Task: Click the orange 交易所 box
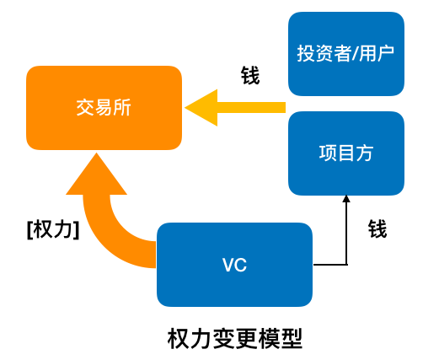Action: point(104,108)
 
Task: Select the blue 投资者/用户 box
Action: point(346,54)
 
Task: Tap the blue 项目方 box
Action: point(346,153)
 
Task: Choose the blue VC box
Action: point(234,265)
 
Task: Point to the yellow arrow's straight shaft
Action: point(251,108)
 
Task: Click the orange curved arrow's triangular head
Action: point(96,177)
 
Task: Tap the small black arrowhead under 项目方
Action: point(346,199)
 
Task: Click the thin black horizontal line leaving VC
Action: point(330,265)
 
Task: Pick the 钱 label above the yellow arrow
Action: point(250,75)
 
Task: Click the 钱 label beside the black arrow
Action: point(377,229)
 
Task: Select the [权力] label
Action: point(53,230)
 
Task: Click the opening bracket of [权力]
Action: point(29,230)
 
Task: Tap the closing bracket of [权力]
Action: point(77,230)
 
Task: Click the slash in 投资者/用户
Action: point(355,53)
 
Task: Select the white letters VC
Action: point(234,265)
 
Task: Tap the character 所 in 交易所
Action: point(122,108)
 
